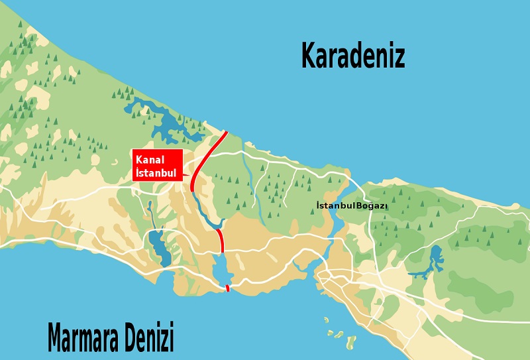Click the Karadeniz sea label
point(352,56)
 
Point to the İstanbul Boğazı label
point(352,206)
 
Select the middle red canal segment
point(221,240)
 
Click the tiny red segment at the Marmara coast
point(227,288)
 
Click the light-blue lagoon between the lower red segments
point(221,270)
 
